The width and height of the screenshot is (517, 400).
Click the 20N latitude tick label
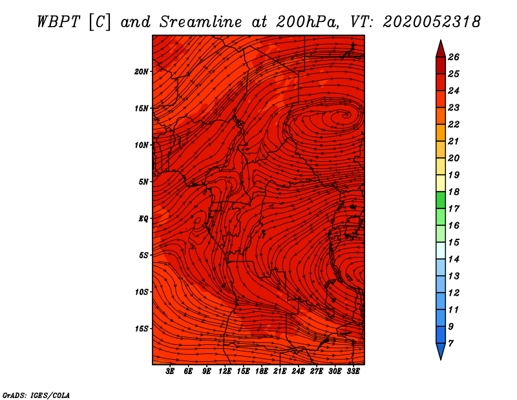point(141,72)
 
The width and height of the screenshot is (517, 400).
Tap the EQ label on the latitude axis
point(143,219)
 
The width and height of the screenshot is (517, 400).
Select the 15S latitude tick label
point(141,329)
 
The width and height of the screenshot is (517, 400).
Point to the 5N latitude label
point(143,182)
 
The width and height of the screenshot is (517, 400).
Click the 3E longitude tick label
point(170,371)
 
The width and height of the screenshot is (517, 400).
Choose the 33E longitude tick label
point(353,371)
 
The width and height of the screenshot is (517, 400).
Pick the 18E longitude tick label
point(262,371)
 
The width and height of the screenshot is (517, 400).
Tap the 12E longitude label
point(225,371)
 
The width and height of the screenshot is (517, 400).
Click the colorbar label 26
point(454,57)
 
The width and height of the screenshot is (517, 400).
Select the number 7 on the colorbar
point(450,344)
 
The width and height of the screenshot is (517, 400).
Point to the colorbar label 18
point(454,192)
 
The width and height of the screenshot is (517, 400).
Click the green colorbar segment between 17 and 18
point(441,200)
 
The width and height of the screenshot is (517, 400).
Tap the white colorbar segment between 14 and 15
point(441,250)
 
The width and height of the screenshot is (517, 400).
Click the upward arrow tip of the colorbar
point(441,40)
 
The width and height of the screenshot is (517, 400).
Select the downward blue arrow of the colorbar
point(441,351)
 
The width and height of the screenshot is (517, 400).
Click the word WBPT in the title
point(59,22)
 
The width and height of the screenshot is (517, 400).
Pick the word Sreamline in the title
point(201,22)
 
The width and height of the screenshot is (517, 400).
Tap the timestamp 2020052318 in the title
point(432,22)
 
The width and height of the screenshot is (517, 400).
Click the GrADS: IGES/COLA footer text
point(36,395)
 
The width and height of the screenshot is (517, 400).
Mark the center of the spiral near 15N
point(346,115)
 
